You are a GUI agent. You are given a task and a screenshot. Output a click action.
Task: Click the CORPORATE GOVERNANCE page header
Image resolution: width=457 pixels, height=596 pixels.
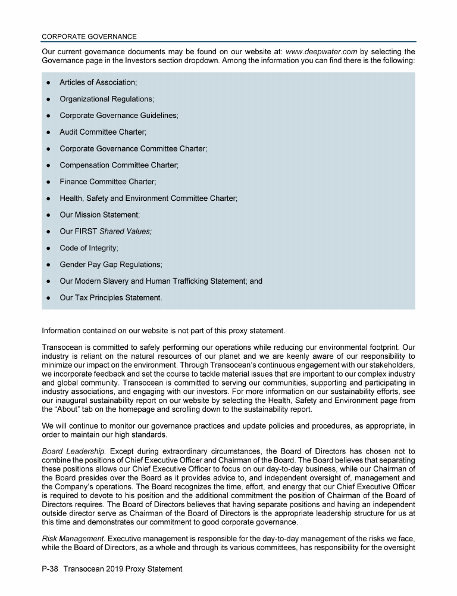pyautogui.click(x=89, y=36)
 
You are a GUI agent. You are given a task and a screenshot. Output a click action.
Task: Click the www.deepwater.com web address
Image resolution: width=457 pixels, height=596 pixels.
pyautogui.click(x=321, y=52)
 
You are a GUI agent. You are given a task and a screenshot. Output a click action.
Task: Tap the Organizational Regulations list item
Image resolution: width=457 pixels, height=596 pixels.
pyautogui.click(x=107, y=99)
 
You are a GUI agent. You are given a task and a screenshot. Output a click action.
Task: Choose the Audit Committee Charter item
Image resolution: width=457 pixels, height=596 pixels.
pyautogui.click(x=102, y=132)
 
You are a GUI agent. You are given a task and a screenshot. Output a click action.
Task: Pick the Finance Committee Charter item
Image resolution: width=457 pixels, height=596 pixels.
pyautogui.click(x=107, y=181)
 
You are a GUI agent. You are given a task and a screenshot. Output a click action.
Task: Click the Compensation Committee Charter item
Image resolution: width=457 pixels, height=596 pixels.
pyautogui.click(x=118, y=165)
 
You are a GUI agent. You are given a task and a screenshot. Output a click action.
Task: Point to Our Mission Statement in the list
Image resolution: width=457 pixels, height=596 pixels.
pyautogui.click(x=99, y=215)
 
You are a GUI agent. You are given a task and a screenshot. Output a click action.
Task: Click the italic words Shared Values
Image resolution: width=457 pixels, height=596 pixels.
pyautogui.click(x=126, y=231)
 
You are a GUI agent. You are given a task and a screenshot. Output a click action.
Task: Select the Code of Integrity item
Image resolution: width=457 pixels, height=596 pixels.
pyautogui.click(x=88, y=247)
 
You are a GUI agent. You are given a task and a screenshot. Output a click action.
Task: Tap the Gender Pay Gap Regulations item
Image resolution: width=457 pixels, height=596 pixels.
pyautogui.click(x=111, y=264)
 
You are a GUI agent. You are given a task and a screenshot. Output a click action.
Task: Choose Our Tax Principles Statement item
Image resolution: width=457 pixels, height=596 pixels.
pyautogui.click(x=110, y=297)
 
